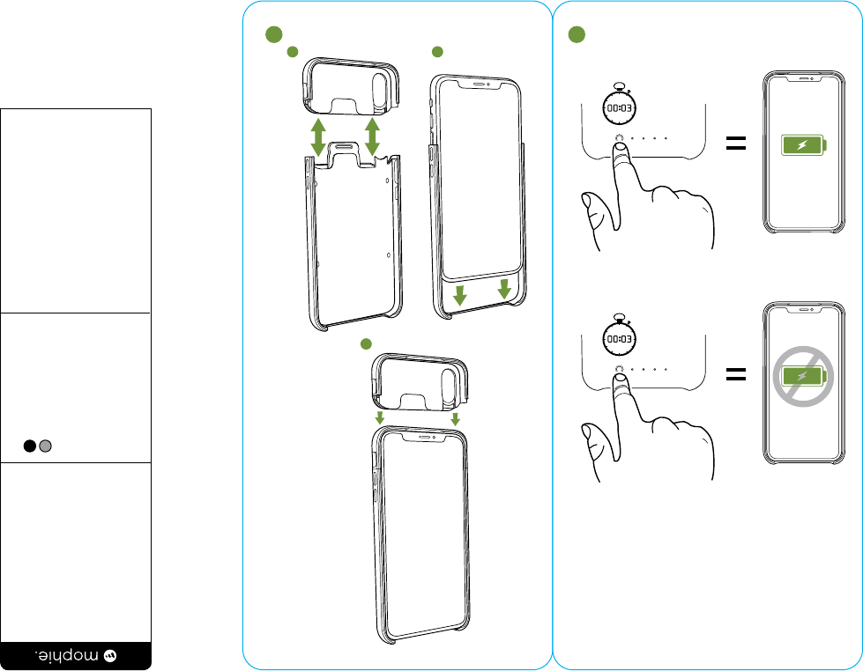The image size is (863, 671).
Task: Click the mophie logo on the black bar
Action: coord(76,655)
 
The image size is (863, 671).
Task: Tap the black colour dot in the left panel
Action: coord(30,446)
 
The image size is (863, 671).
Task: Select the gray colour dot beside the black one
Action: coord(45,446)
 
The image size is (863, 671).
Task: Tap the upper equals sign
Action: coord(736,144)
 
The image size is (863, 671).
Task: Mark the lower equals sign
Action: coord(736,375)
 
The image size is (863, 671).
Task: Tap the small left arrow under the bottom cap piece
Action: coord(380,417)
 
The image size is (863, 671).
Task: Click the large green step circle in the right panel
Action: coord(577,35)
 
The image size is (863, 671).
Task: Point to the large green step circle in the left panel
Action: coord(274,35)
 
